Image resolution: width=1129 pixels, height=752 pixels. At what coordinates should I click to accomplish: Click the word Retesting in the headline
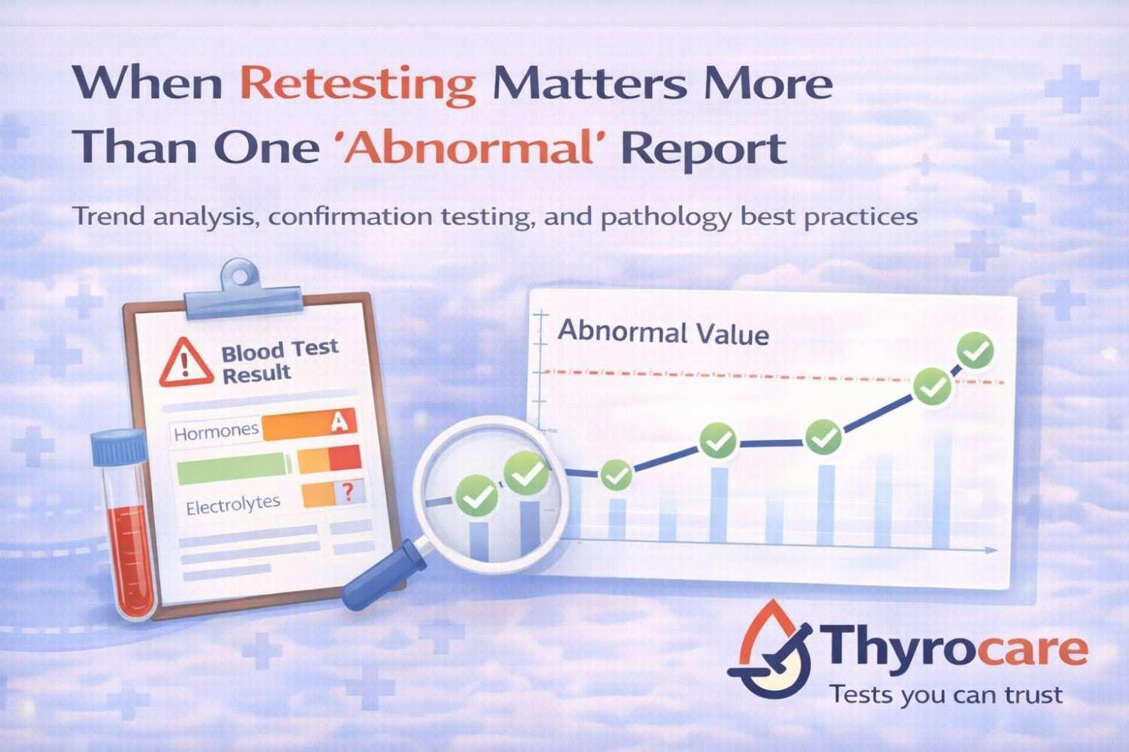click(x=359, y=85)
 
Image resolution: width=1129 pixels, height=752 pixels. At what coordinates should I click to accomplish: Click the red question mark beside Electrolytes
click(x=348, y=493)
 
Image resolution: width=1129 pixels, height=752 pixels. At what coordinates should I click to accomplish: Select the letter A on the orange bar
click(x=339, y=423)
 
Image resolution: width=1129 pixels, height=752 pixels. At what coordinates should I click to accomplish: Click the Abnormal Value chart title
click(x=663, y=332)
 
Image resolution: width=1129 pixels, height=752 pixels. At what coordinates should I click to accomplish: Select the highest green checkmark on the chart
click(x=975, y=350)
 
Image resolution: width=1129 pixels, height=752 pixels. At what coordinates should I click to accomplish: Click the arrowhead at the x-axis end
click(x=993, y=551)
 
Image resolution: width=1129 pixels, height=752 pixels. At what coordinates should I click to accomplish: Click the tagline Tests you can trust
click(x=946, y=694)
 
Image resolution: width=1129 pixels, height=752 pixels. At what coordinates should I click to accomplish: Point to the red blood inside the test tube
click(x=129, y=560)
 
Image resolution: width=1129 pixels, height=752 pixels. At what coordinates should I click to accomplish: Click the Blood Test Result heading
click(x=278, y=361)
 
